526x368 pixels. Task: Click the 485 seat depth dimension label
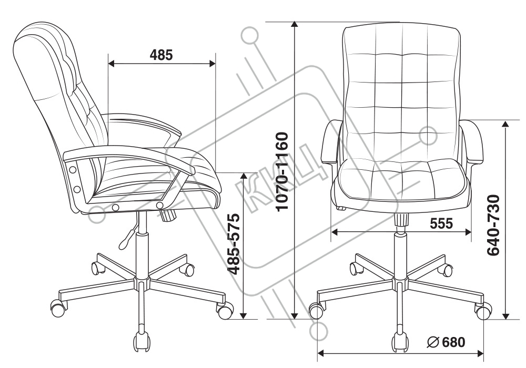tap(161, 55)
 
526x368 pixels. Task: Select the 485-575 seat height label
tap(234, 243)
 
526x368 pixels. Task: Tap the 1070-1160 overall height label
tap(282, 171)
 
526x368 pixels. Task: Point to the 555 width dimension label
tap(441, 223)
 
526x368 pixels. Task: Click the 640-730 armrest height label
tap(493, 225)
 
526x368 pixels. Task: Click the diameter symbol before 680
tap(434, 342)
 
